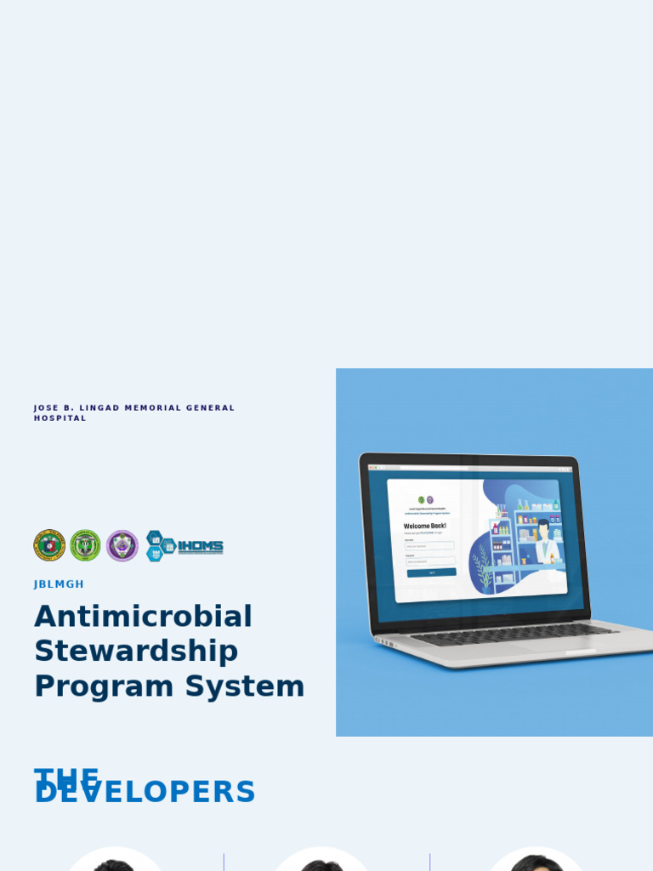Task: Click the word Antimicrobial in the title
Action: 143,617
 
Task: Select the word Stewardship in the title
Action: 136,652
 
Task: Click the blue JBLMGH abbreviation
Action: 59,584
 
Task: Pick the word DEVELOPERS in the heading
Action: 145,793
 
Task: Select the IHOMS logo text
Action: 200,547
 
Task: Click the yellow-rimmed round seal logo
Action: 49,545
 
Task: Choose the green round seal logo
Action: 85,545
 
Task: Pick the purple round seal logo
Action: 122,545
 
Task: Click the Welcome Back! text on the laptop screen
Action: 424,526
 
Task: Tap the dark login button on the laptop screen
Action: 431,572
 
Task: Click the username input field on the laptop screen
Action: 429,546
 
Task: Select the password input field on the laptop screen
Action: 429,561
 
